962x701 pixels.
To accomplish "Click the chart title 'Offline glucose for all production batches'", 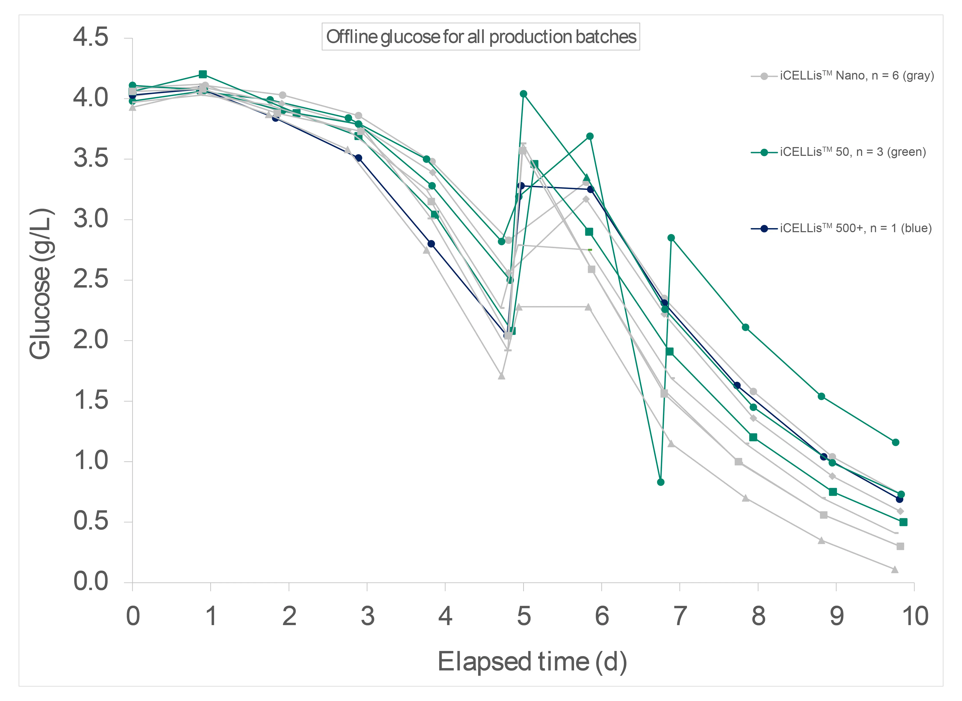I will click(x=481, y=37).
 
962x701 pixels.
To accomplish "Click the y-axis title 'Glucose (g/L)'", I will click(x=40, y=283).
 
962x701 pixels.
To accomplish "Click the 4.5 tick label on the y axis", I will click(x=90, y=37).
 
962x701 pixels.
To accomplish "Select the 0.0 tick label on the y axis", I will click(x=90, y=581).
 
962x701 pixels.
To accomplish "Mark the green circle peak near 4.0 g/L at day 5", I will click(x=523, y=94).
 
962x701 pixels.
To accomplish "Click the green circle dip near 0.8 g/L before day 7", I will click(x=660, y=482).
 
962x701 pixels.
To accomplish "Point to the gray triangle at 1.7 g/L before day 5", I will click(x=501, y=376).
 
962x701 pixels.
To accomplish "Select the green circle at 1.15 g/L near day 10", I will click(x=895, y=442).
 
